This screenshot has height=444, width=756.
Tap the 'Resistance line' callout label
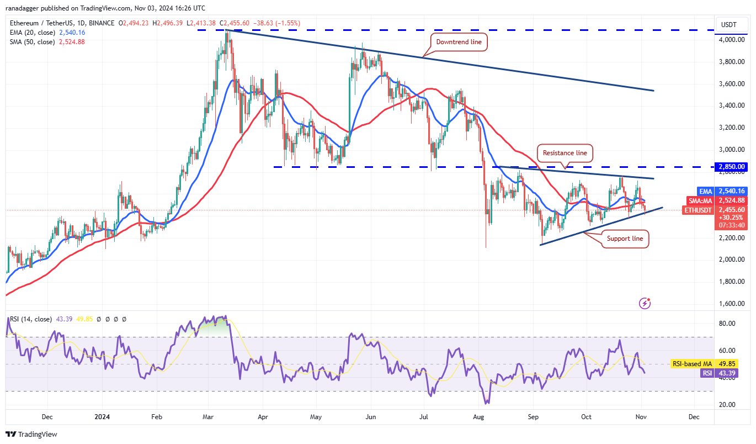pos(565,152)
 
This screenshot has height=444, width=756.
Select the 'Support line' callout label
pos(625,239)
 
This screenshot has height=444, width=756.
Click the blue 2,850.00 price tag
pos(732,167)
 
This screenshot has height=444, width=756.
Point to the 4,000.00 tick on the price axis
pos(731,40)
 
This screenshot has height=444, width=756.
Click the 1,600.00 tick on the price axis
pos(731,304)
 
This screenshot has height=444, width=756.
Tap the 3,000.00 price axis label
pos(731,150)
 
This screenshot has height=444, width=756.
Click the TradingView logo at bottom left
pos(31,434)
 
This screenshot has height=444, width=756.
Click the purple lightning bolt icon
pos(645,303)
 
